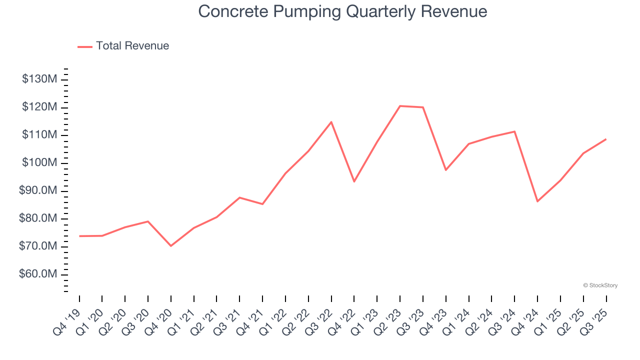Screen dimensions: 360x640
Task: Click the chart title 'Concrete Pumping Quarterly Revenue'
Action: tap(342, 11)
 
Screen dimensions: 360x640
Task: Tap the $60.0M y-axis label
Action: tap(39, 274)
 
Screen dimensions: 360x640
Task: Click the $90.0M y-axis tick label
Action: tap(39, 191)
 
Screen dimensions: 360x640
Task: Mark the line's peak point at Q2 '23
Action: tap(400, 106)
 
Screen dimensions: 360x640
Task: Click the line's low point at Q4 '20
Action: tap(171, 246)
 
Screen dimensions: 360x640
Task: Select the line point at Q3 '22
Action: tap(331, 122)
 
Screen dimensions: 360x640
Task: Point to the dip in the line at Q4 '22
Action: tap(354, 181)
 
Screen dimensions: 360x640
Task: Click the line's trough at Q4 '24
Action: tap(537, 201)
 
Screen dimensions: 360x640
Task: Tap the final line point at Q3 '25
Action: tap(606, 139)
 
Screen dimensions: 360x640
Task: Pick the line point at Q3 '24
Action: tap(514, 131)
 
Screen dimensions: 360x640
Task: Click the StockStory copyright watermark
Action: tap(600, 285)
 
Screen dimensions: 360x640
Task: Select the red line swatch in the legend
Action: tap(85, 46)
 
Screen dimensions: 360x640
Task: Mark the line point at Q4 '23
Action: tap(445, 170)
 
